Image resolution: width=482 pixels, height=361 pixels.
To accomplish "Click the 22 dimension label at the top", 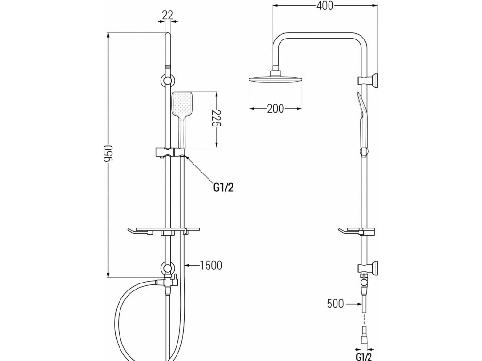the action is (x=167, y=15).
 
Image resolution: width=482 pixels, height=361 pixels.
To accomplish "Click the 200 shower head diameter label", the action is (x=275, y=109).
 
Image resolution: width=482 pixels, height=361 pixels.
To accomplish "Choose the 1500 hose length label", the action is (x=211, y=266).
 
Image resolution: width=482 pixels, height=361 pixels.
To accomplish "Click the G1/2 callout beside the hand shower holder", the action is (x=223, y=188).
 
